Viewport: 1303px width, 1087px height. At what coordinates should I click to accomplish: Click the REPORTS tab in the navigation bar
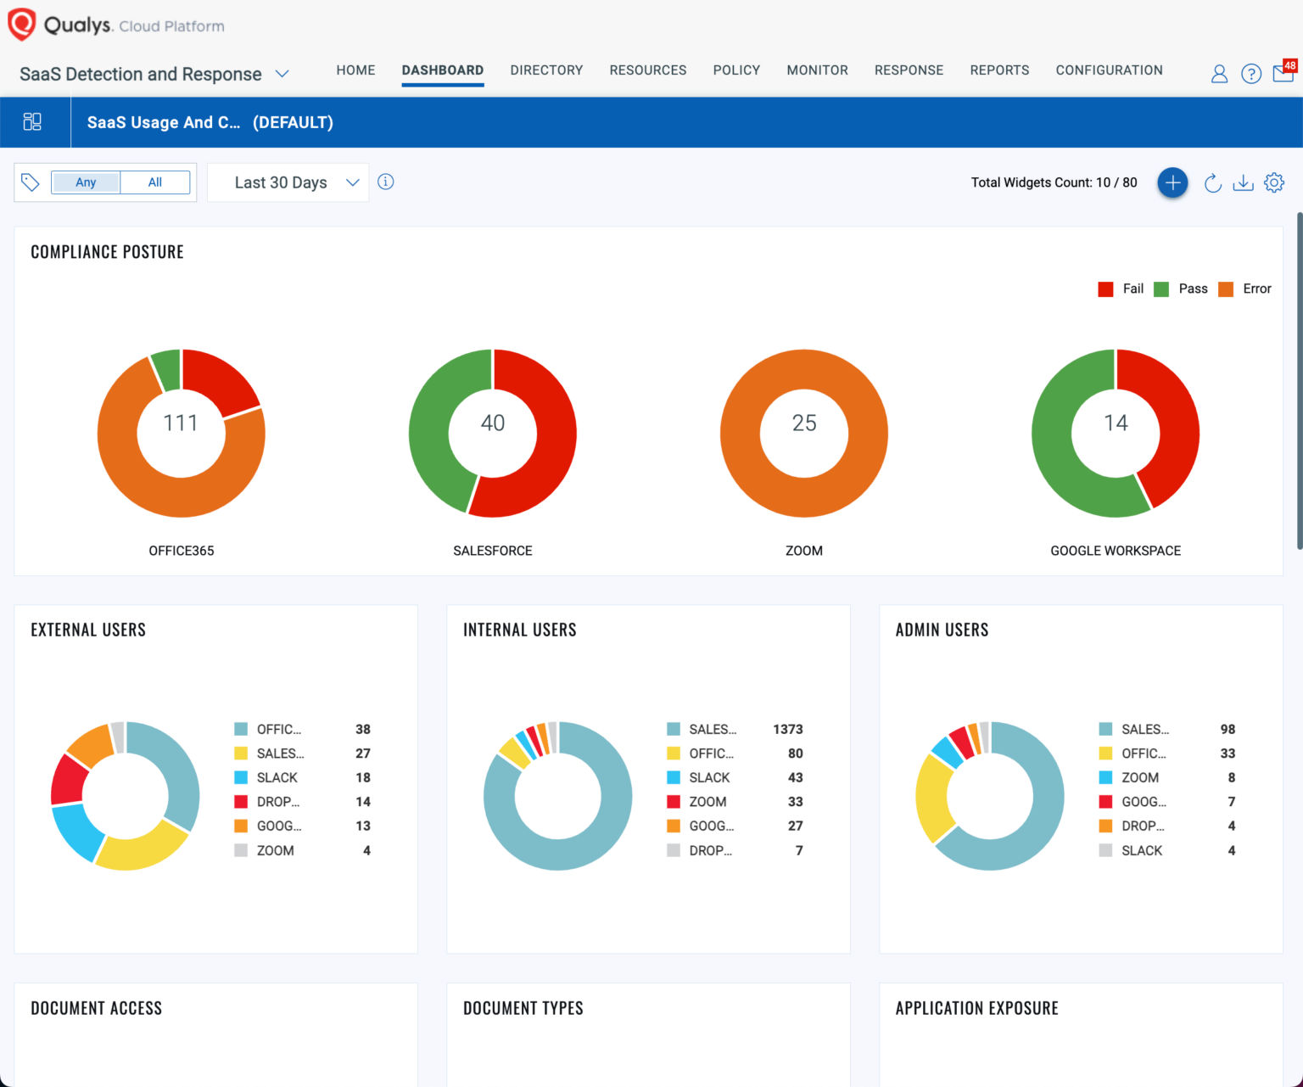(x=999, y=70)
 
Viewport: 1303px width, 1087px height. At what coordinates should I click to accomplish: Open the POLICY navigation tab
(x=736, y=70)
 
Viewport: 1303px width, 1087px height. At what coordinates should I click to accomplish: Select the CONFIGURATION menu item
(x=1109, y=70)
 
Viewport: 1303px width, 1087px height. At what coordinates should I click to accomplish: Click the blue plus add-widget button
(x=1172, y=182)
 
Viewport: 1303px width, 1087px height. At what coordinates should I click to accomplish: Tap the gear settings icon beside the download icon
(x=1274, y=182)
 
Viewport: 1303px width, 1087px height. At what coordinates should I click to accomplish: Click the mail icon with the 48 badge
(x=1283, y=74)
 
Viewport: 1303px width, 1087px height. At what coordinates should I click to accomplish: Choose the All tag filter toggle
(x=155, y=182)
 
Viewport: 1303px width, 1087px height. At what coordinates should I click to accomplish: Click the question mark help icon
(x=1250, y=74)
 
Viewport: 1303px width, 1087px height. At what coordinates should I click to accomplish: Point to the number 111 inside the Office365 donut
(x=181, y=423)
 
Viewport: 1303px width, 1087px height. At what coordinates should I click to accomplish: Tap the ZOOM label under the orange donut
(x=803, y=551)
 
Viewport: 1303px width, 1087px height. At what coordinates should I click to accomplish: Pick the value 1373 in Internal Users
(x=787, y=730)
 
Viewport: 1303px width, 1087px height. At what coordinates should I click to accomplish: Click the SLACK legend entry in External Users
(x=277, y=778)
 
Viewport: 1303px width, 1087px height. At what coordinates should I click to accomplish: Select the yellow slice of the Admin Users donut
(x=933, y=798)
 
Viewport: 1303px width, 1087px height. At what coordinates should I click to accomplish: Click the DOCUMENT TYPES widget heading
(x=523, y=1008)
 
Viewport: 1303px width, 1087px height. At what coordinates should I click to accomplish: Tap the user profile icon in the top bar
(x=1219, y=74)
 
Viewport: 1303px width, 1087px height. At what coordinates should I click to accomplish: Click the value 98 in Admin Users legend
(x=1227, y=730)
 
